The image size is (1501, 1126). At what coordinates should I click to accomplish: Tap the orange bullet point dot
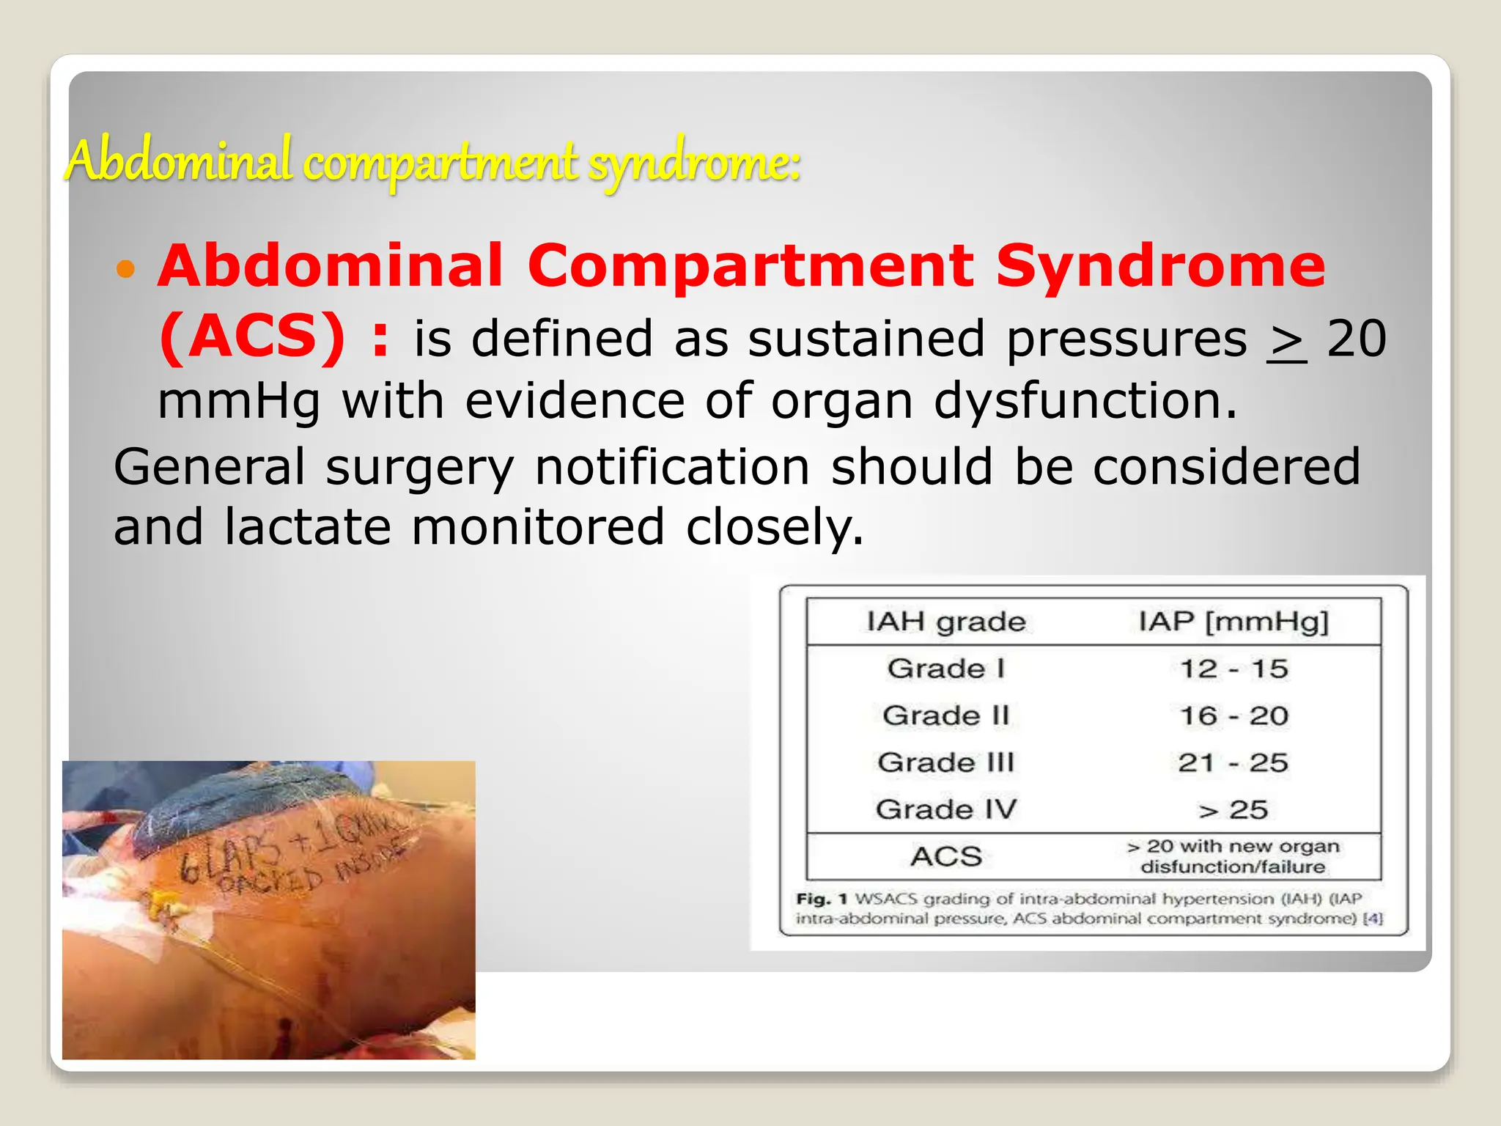(126, 269)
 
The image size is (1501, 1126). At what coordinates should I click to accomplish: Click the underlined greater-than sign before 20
(1286, 341)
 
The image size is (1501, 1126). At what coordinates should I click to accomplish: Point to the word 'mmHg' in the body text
(239, 402)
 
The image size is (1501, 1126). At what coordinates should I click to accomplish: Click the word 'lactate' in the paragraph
(307, 527)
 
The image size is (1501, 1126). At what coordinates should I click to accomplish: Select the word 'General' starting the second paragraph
(209, 467)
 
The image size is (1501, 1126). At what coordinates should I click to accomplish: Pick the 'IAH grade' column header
(946, 622)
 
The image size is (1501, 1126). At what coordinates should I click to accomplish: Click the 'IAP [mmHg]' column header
(1233, 622)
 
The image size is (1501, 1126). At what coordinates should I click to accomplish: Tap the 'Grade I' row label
(945, 669)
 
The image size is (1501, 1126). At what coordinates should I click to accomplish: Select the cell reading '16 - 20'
(1233, 715)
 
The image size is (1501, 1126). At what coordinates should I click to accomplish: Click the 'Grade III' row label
(945, 762)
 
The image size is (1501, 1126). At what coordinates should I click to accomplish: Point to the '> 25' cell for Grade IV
(1233, 809)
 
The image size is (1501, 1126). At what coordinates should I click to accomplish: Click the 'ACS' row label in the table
(946, 856)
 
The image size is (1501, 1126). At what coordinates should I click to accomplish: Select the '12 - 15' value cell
(1233, 669)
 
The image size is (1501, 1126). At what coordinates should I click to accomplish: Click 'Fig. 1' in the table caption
(821, 899)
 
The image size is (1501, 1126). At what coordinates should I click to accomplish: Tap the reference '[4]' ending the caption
(1372, 919)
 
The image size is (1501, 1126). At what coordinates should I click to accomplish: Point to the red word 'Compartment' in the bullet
(750, 265)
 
